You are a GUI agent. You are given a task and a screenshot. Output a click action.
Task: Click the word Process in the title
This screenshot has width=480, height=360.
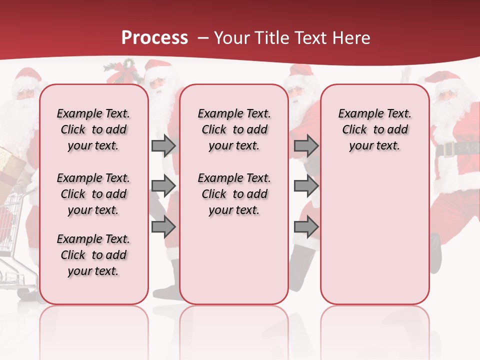[154, 37]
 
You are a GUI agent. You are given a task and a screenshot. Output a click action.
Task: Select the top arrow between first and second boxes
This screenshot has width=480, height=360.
[163, 145]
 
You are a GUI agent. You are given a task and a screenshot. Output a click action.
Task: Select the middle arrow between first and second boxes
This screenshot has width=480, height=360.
[163, 186]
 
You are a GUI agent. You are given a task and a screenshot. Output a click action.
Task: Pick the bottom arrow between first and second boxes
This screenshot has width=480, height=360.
[163, 227]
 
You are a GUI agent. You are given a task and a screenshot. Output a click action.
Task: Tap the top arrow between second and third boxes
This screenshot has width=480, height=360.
[306, 145]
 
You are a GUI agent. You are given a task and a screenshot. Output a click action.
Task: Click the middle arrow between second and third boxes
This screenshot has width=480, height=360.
[306, 186]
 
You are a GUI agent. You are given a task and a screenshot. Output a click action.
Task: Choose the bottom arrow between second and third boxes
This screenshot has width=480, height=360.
[306, 227]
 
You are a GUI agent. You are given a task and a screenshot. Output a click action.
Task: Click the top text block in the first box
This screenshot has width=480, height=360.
[93, 129]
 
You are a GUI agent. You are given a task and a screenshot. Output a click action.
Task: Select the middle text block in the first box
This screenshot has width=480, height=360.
[93, 194]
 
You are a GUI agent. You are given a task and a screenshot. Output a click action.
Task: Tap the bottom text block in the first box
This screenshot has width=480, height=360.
[93, 255]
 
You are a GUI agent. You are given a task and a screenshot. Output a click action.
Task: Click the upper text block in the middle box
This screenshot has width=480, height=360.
[234, 129]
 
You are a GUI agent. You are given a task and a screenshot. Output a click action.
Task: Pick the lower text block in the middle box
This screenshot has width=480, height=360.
[234, 194]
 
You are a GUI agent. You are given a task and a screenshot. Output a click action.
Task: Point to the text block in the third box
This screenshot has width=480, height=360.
[374, 129]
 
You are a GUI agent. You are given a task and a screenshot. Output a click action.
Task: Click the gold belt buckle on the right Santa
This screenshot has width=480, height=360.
[447, 148]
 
